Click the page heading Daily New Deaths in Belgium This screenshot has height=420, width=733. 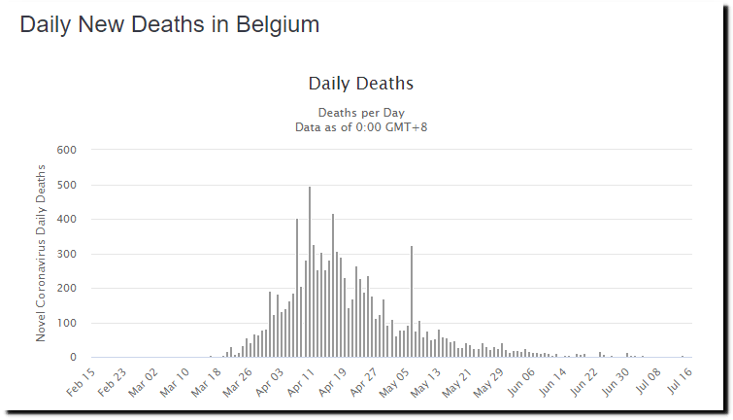coord(170,24)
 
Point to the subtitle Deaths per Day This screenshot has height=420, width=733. coord(361,113)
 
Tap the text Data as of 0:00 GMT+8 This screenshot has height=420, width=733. coord(361,126)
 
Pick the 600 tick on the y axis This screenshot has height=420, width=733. coord(66,150)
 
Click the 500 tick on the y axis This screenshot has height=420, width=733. coord(66,185)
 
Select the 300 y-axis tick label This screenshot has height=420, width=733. coord(66,254)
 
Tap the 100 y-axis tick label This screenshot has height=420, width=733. coord(66,323)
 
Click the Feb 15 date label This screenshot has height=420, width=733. coord(82,378)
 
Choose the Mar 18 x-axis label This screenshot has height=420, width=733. coord(205,378)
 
